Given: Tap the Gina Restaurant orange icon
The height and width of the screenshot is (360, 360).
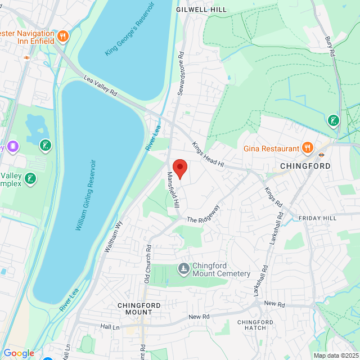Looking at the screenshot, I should point(307,148).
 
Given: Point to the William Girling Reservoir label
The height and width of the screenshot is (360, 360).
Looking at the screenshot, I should point(85,195).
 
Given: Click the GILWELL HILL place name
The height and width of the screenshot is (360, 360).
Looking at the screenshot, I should point(201,10).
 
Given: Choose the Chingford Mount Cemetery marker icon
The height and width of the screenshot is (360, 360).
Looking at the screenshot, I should point(183,268).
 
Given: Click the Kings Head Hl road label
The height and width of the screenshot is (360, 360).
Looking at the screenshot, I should point(208,155).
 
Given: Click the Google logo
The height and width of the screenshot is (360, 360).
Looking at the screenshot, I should point(19,353).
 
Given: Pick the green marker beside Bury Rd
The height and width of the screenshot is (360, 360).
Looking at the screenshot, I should point(334,120).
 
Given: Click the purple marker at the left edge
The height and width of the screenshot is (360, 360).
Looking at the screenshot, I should point(12,147).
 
